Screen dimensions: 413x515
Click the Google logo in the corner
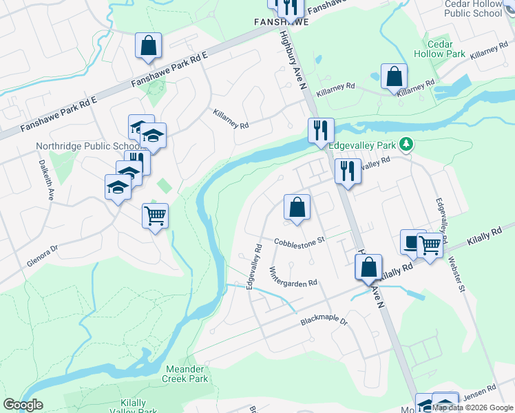(x=23, y=405)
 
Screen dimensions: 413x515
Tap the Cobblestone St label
(x=299, y=242)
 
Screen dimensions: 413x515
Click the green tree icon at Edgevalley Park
(x=408, y=144)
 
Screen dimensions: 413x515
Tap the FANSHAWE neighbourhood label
(x=281, y=22)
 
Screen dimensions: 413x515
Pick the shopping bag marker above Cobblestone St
(x=297, y=207)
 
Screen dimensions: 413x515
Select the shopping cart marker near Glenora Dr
(x=156, y=216)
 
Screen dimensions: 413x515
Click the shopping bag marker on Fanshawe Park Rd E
(x=149, y=46)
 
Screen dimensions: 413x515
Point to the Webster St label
(x=456, y=273)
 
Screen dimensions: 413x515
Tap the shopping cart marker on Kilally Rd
(x=430, y=244)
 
